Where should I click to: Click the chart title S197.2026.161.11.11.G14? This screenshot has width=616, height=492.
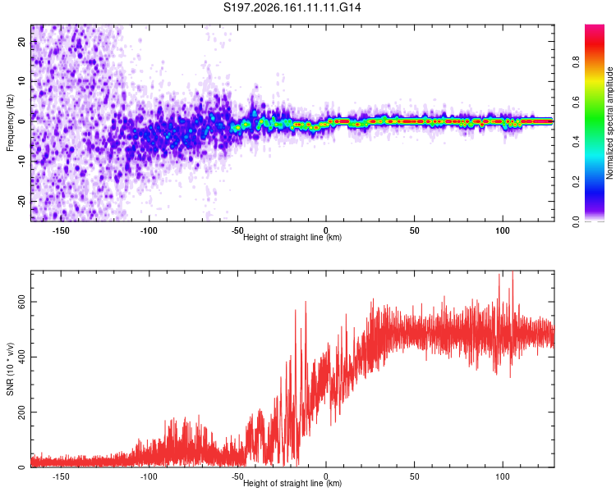coord(292,7)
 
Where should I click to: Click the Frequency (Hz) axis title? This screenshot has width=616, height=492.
coord(10,123)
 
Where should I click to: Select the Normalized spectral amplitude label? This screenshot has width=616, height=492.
coord(609,123)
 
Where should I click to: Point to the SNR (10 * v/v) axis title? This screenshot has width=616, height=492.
coord(10,369)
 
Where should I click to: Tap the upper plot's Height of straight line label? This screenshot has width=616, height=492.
coord(292,237)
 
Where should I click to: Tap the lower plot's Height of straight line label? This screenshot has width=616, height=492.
coord(292,483)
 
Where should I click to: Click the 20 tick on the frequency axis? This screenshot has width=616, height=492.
coord(21,41)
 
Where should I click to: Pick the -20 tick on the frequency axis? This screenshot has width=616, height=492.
coord(21,202)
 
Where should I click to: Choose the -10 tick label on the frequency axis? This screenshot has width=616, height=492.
coord(21,162)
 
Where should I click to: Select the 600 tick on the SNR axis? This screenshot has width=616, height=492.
coord(21,302)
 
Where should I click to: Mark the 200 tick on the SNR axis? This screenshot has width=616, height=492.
coord(21,412)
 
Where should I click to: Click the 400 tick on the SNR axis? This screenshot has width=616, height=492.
coord(21,357)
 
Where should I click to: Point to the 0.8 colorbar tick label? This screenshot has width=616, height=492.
coord(576,62)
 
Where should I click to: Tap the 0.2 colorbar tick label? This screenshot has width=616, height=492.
coord(576,182)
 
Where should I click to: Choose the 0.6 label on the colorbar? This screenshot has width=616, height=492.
coord(576,102)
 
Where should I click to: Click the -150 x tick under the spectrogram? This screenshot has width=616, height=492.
coord(60,230)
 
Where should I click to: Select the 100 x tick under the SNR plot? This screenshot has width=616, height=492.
coord(503,476)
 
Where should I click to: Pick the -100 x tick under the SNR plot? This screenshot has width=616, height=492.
coord(149,476)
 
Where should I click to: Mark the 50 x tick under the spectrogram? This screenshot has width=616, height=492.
coord(415,230)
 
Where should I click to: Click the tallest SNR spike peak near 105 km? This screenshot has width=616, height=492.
coord(513,271)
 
